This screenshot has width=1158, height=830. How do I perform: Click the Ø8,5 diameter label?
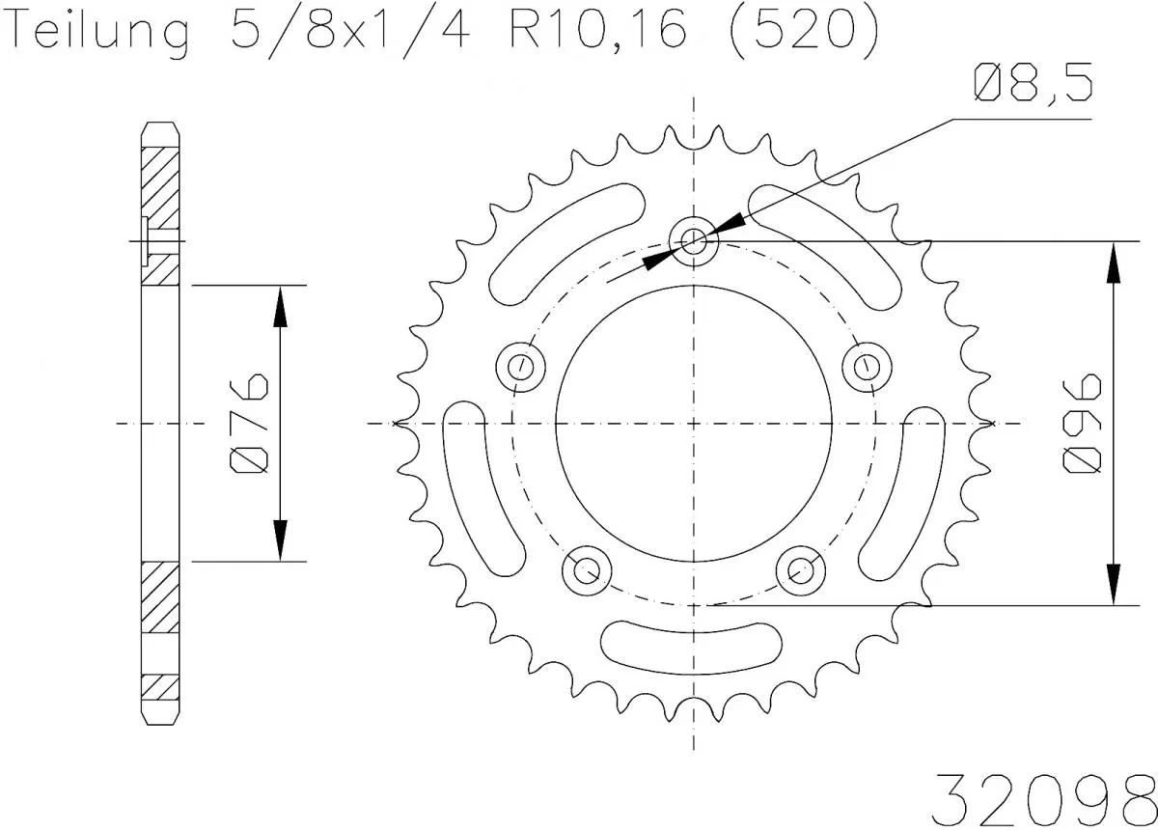point(1033,85)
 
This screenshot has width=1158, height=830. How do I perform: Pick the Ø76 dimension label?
point(250,423)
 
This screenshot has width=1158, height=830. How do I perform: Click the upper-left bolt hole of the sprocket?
point(520,366)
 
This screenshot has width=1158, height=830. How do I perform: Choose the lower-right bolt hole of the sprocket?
point(801,569)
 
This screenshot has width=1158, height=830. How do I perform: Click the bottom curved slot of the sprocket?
point(692,640)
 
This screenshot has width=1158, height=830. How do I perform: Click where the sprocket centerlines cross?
point(694,423)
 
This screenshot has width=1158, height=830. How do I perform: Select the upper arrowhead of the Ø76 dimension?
point(280,307)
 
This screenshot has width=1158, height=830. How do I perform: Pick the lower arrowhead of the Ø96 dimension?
point(1113,583)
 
